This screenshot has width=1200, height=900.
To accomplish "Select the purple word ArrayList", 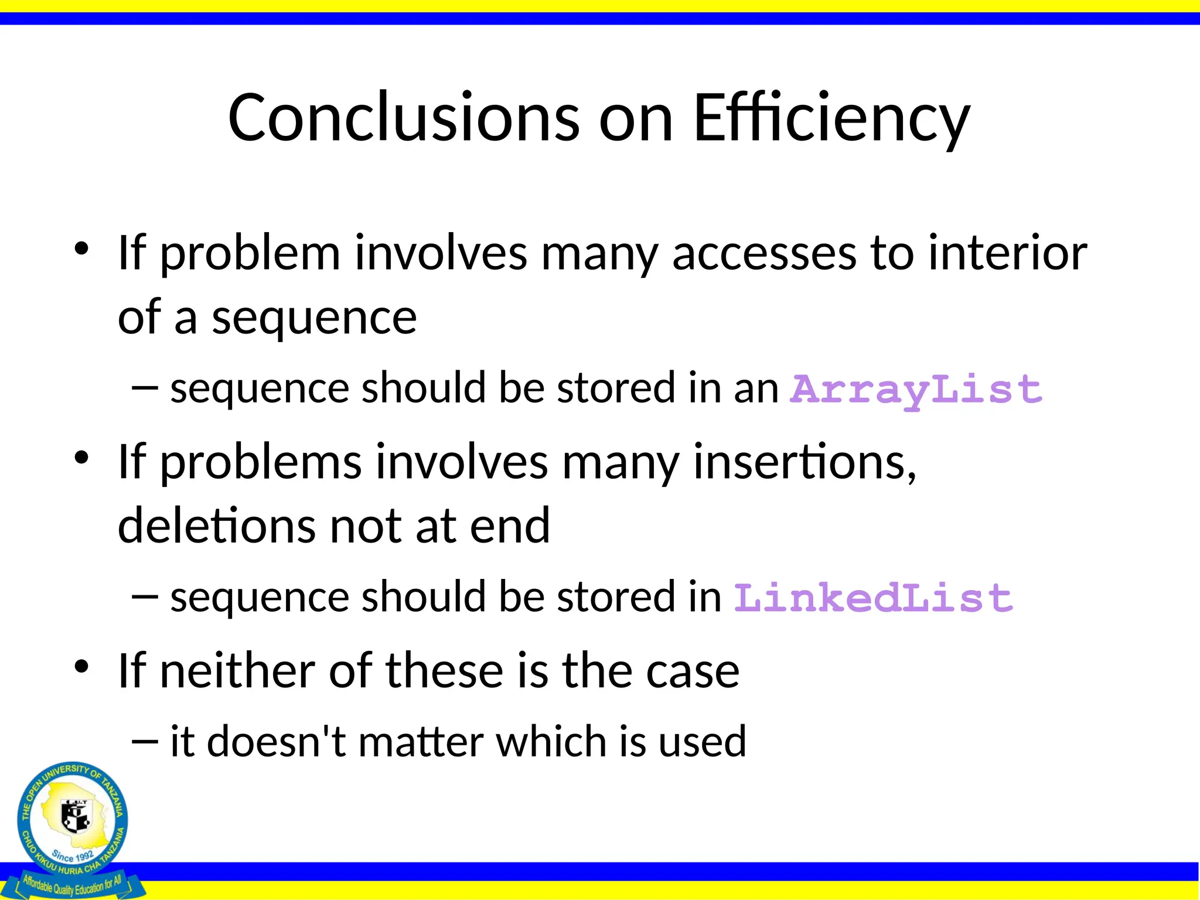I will click(x=916, y=389).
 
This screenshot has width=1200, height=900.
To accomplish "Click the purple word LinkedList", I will click(x=873, y=598).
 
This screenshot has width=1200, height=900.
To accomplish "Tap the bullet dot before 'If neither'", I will click(x=81, y=666).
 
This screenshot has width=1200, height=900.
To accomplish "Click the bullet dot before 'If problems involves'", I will click(x=81, y=458).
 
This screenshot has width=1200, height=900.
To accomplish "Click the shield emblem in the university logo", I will click(x=75, y=816).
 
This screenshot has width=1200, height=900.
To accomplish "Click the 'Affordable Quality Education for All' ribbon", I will click(x=72, y=885).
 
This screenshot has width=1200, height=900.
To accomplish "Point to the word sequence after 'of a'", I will click(x=314, y=318).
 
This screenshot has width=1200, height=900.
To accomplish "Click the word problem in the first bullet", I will click(x=250, y=253).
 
